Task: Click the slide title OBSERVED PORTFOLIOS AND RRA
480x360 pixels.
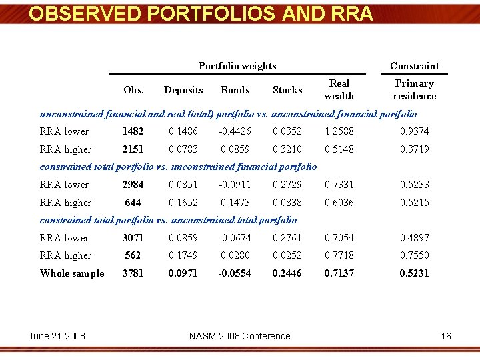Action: pyautogui.click(x=201, y=14)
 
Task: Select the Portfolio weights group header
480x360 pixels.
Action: pyautogui.click(x=237, y=66)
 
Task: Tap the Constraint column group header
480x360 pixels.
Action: pyautogui.click(x=415, y=66)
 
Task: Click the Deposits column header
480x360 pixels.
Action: pyautogui.click(x=183, y=90)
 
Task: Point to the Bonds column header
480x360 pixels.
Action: pyautogui.click(x=235, y=90)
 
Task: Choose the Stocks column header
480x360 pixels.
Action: pyautogui.click(x=287, y=90)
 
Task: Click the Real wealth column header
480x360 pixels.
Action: pyautogui.click(x=339, y=90)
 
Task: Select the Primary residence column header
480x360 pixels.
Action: pyautogui.click(x=415, y=90)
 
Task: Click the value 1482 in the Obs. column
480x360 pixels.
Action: pyautogui.click(x=133, y=132)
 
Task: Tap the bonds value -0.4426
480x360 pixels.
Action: pyautogui.click(x=235, y=132)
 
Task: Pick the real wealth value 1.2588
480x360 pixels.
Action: pyautogui.click(x=339, y=132)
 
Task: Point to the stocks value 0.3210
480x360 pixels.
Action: pyautogui.click(x=287, y=150)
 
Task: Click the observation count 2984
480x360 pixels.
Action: pyautogui.click(x=133, y=185)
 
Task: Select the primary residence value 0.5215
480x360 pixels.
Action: pyautogui.click(x=415, y=203)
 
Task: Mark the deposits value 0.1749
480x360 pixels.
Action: pyautogui.click(x=183, y=255)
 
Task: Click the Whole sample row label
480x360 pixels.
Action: pyautogui.click(x=72, y=273)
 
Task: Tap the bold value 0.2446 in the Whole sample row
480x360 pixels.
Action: pyautogui.click(x=287, y=273)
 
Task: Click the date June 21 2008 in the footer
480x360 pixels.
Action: pyautogui.click(x=57, y=336)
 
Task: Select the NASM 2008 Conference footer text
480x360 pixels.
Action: pyautogui.click(x=240, y=336)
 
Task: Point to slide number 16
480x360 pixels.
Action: pyautogui.click(x=446, y=336)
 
